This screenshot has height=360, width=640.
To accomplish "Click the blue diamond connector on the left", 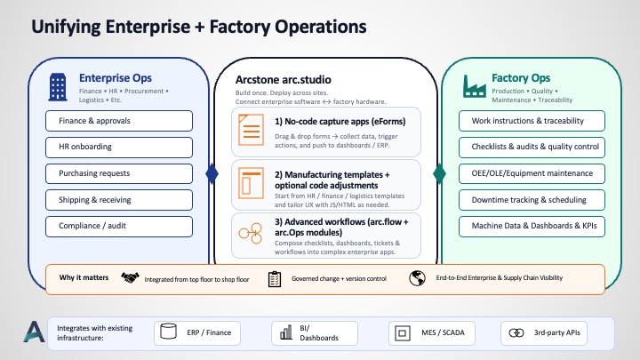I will point(212,173).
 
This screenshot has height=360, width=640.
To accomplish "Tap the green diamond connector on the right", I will point(438,173).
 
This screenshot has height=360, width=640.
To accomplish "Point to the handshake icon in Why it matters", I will point(130,279).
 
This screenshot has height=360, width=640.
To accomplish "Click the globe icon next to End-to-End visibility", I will point(418,279).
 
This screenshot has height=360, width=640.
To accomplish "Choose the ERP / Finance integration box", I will point(196,332).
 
